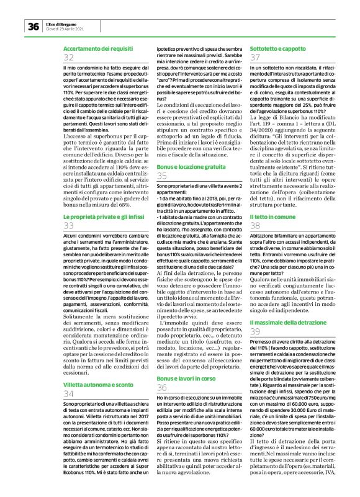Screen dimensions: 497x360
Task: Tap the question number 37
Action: pyautogui.click(x=254, y=57)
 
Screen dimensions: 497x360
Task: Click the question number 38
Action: pyautogui.click(x=254, y=226)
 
